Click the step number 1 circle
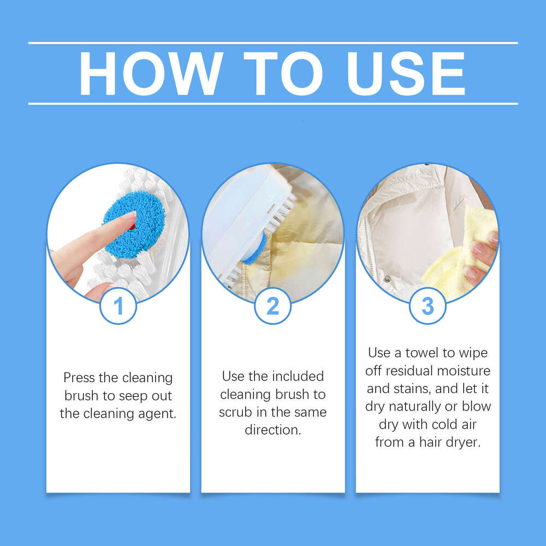118,306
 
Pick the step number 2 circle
272,306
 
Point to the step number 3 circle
428,306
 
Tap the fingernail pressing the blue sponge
129,215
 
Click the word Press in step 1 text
80,378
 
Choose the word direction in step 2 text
272,430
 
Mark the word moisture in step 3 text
466,371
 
